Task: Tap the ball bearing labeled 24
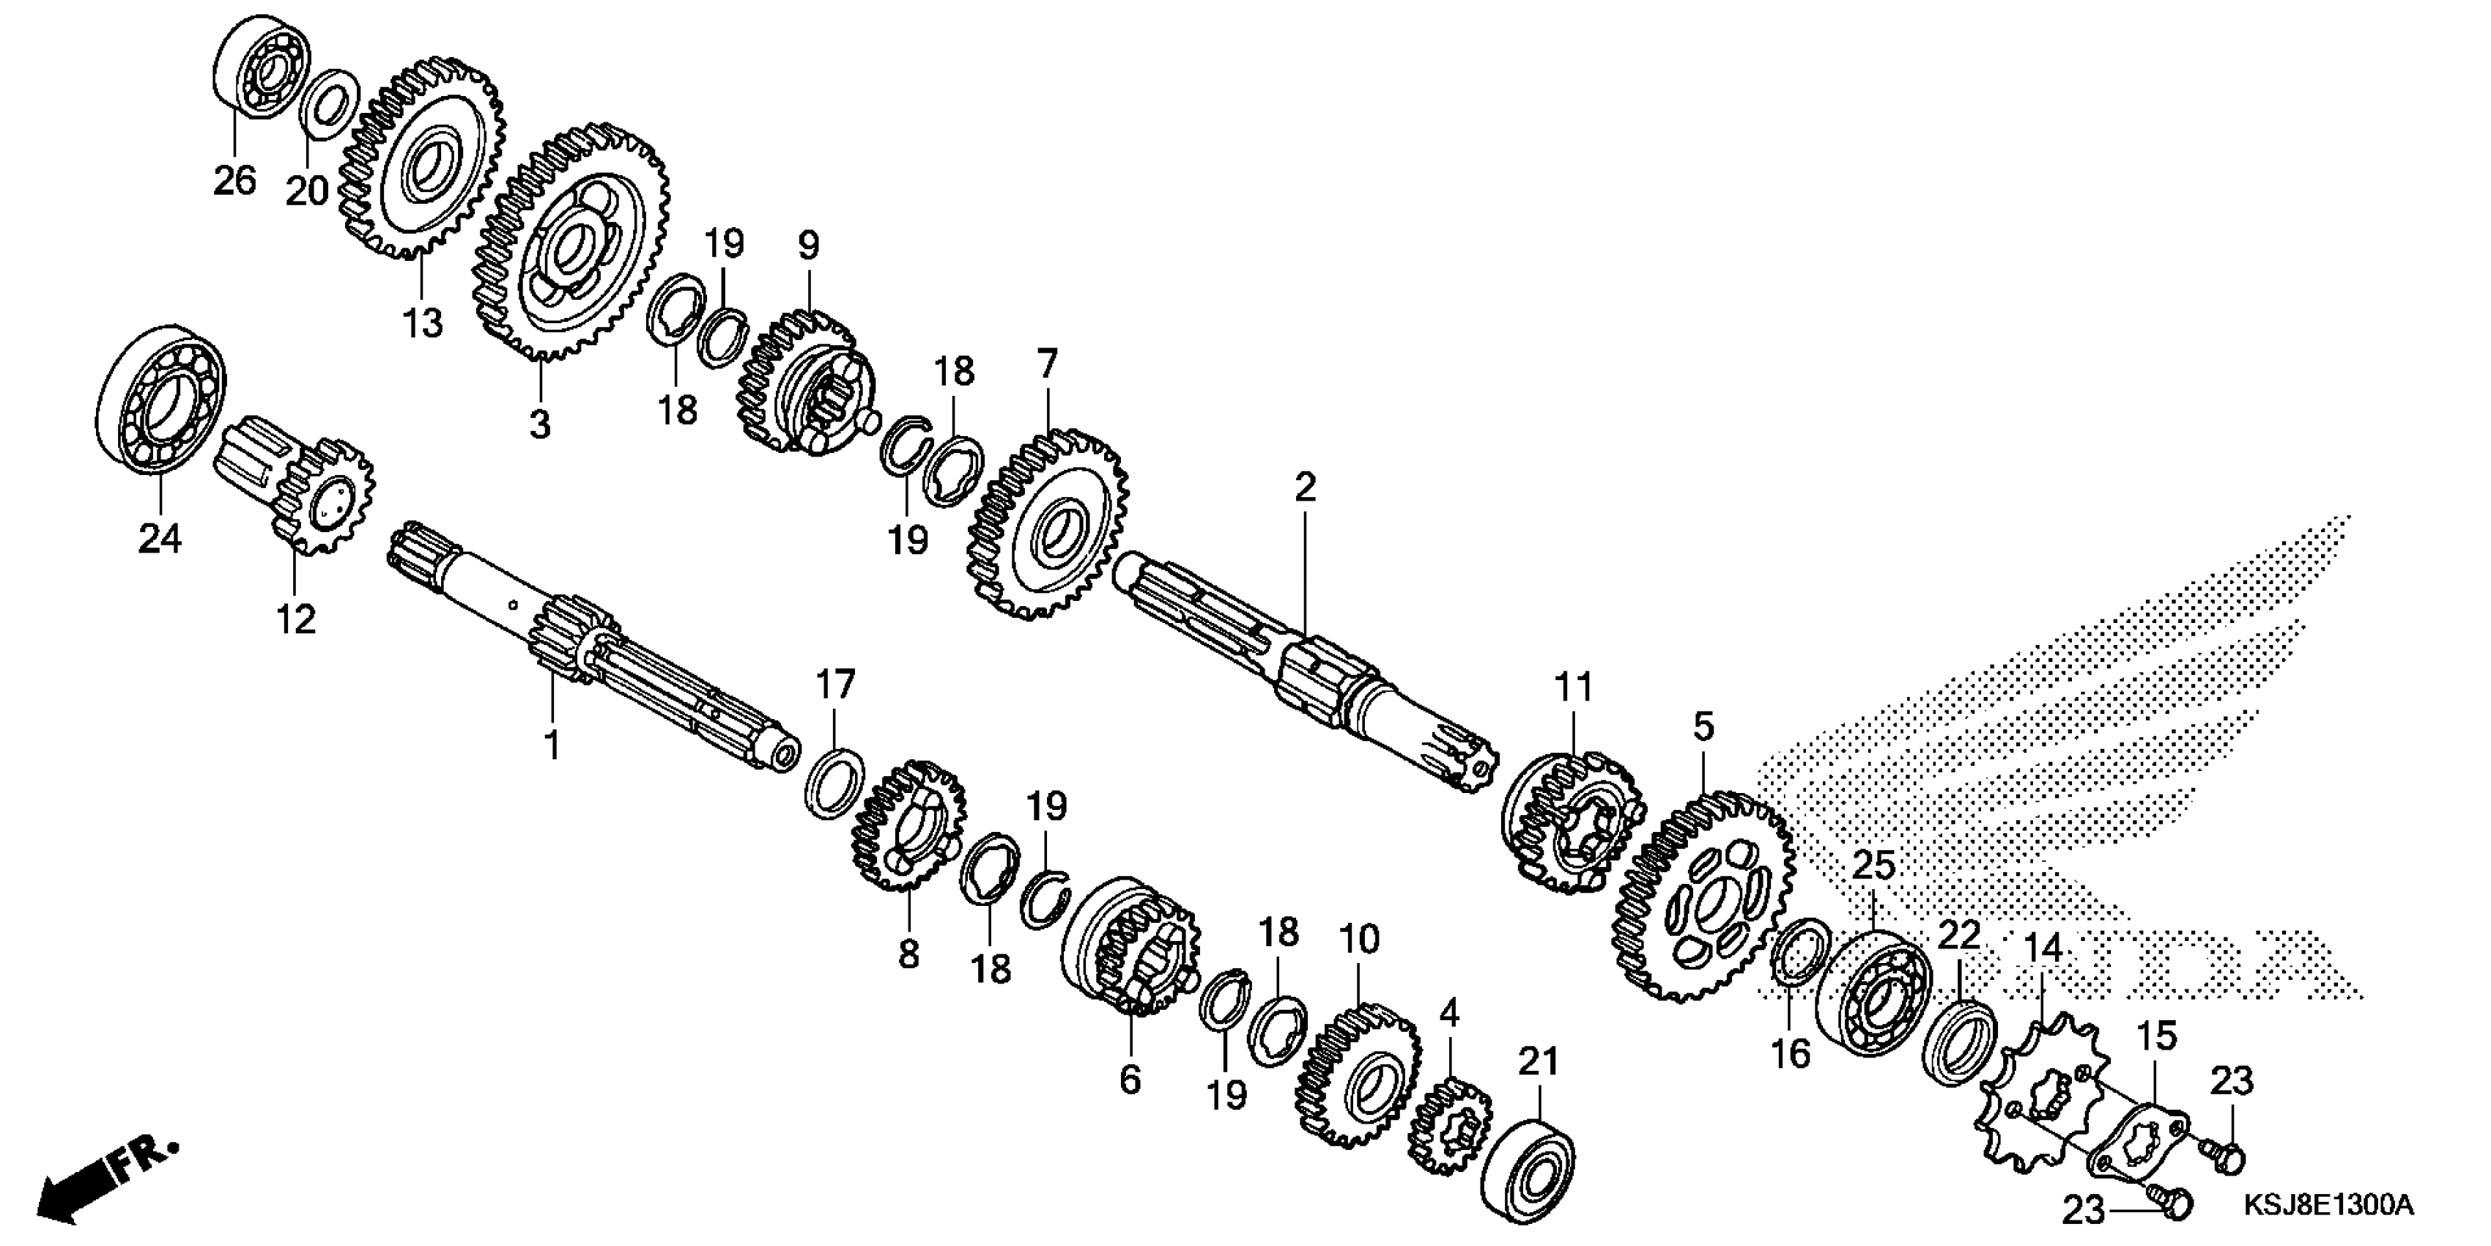click(x=161, y=399)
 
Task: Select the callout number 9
click(x=807, y=246)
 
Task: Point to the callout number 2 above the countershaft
click(x=1305, y=487)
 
